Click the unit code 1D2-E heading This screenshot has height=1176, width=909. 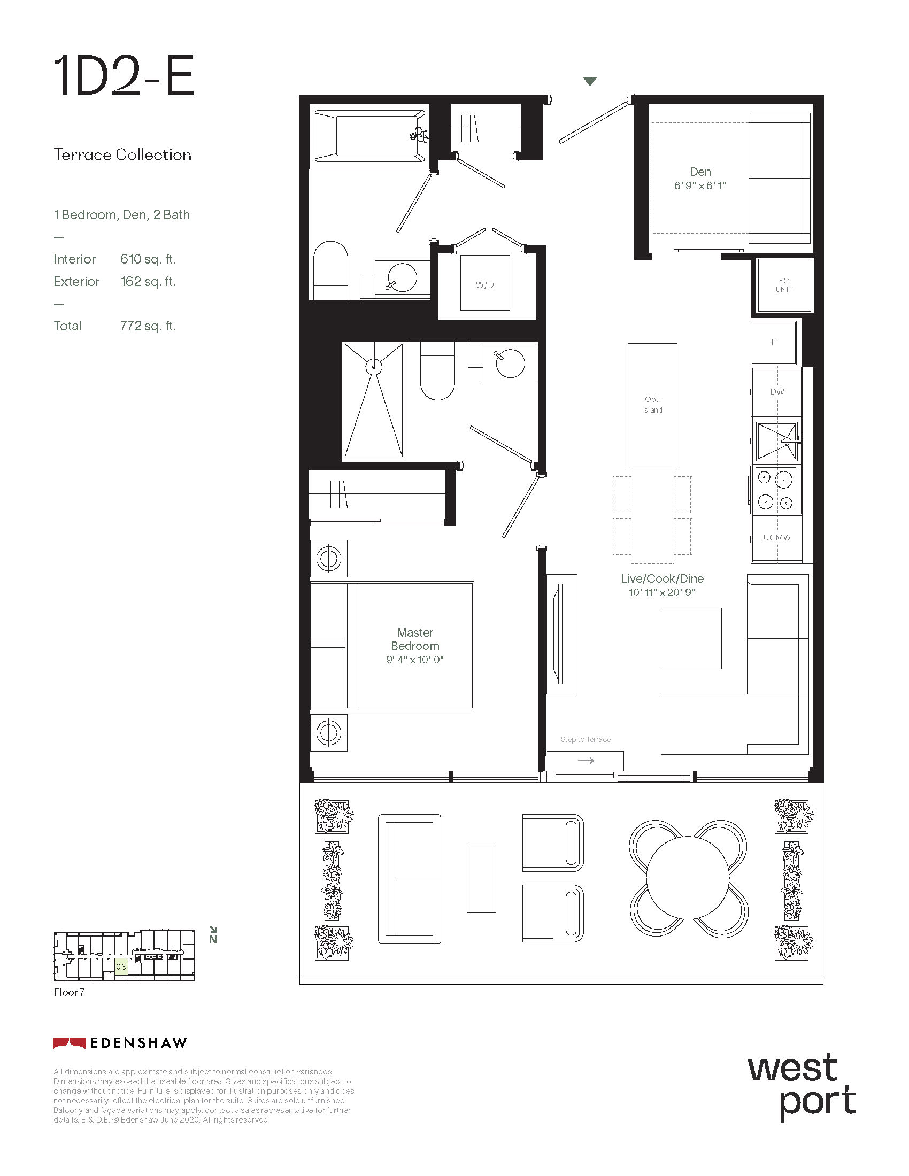[124, 76]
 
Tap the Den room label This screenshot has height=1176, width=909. [700, 172]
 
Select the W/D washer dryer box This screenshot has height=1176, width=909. [484, 283]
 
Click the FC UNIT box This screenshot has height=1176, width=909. [784, 285]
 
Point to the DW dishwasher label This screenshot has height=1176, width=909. [777, 392]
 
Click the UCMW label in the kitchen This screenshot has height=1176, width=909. [777, 537]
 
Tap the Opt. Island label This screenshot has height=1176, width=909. [652, 405]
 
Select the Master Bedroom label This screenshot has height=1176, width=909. [415, 639]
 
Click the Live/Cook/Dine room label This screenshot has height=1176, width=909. [663, 578]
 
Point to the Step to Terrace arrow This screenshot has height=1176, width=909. [586, 760]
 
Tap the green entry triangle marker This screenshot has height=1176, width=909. [590, 81]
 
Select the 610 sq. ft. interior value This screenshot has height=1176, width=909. [148, 259]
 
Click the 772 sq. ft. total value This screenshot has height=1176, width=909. [148, 326]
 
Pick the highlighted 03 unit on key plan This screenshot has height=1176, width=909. [121, 966]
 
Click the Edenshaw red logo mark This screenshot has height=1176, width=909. [69, 1043]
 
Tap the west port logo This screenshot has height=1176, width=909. [802, 1088]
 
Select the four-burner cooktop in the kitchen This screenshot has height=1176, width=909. [774, 490]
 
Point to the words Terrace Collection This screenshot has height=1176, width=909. [122, 155]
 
